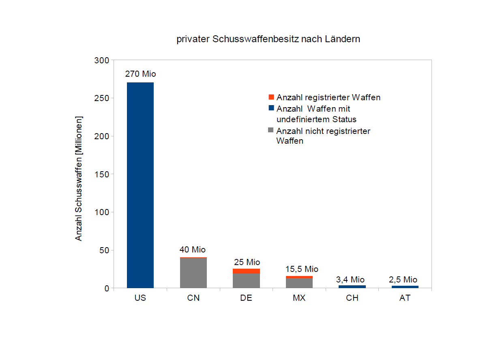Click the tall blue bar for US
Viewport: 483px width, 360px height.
140,185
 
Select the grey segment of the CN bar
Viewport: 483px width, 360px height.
193,273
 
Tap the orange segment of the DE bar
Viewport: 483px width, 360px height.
246,271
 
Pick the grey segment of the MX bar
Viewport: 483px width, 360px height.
299,283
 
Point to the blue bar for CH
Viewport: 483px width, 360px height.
352,287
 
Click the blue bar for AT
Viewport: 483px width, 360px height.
405,287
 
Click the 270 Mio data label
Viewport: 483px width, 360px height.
140,74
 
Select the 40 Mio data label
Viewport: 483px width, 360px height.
193,250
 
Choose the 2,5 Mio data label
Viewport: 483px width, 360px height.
404,280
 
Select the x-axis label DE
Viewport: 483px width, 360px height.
246,298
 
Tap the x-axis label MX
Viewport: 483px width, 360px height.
299,298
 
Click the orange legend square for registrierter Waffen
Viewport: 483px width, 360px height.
271,97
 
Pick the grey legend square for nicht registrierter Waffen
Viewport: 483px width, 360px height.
271,131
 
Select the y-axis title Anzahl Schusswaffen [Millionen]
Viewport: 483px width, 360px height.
79,178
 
